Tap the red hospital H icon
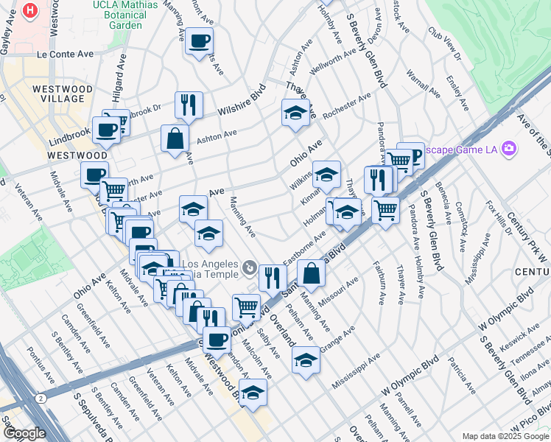[30, 10]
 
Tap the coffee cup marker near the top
[199, 41]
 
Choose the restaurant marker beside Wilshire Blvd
[189, 105]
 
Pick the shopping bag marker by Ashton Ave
[175, 138]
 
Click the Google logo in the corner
[24, 433]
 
